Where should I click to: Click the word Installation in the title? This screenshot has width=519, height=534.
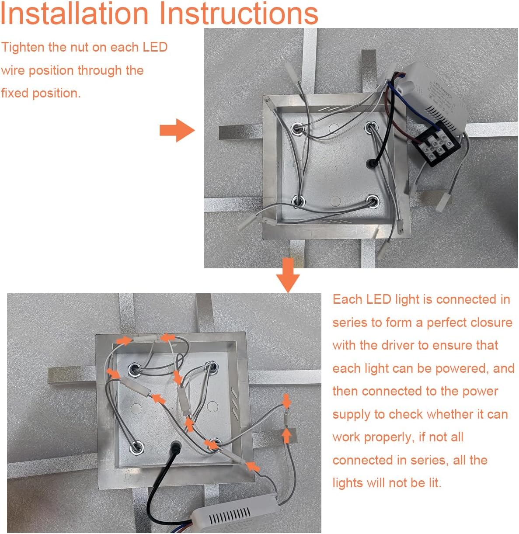pyautogui.click(x=75, y=13)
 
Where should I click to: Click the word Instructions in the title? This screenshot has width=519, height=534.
pyautogui.click(x=239, y=13)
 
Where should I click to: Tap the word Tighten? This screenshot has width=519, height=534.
pyautogui.click(x=23, y=48)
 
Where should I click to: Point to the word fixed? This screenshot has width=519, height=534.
pyautogui.click(x=15, y=94)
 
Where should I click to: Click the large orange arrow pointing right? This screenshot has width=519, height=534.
pyautogui.click(x=177, y=130)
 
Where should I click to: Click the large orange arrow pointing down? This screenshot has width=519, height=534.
pyautogui.click(x=288, y=275)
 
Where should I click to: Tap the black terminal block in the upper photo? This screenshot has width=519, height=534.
pyautogui.click(x=436, y=144)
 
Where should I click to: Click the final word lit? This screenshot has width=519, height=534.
pyautogui.click(x=435, y=483)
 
